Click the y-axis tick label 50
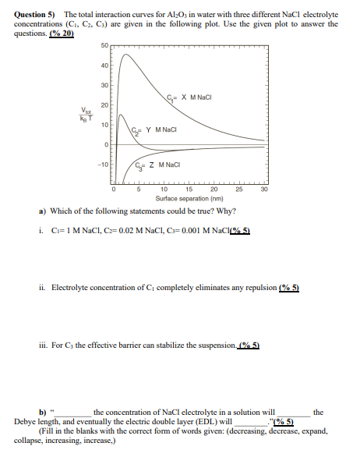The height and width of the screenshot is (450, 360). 104,47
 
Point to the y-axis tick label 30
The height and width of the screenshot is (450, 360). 104,85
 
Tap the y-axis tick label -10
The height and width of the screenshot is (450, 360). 103,164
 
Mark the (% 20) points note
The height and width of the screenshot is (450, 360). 63,34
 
